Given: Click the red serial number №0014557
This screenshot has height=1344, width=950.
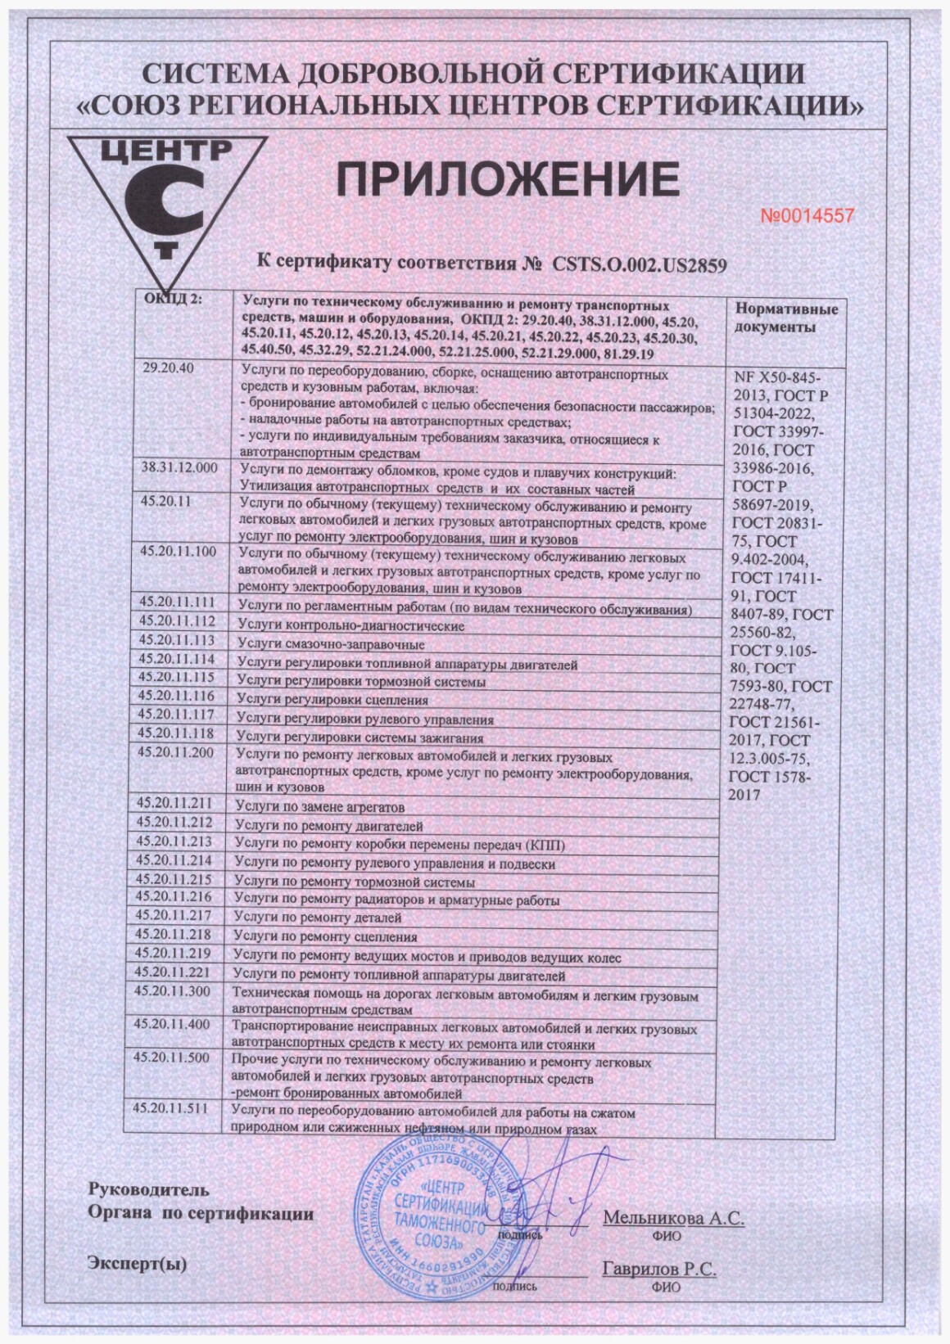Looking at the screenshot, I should tap(808, 216).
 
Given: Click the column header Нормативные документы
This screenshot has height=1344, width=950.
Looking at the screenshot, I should tap(785, 318).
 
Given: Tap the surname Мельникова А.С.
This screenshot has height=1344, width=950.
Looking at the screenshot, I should tap(673, 1217).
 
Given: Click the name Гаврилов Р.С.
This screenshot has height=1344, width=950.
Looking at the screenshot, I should tap(659, 1270).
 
